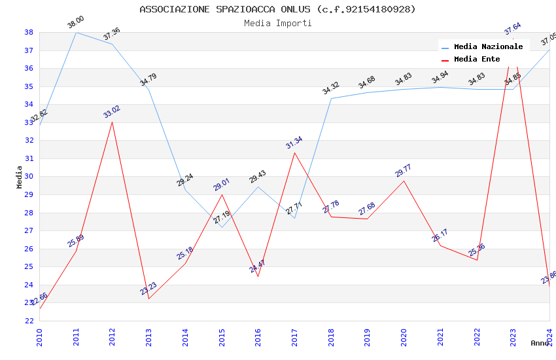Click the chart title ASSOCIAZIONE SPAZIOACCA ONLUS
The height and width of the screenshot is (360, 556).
(277, 9)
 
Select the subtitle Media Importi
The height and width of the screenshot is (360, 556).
(277, 23)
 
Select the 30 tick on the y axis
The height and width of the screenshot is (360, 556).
(29, 177)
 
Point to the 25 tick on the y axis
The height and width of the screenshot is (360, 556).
(29, 267)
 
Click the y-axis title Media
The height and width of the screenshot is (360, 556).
(20, 177)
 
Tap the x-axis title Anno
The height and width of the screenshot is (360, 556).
(540, 343)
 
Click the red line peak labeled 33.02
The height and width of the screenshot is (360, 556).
(112, 122)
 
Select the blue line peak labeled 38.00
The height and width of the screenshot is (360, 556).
(76, 32)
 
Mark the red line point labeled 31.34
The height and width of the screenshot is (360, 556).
(294, 153)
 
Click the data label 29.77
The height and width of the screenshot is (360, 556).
(404, 171)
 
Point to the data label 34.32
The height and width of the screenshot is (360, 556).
(331, 88)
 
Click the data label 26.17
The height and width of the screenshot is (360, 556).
(440, 236)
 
